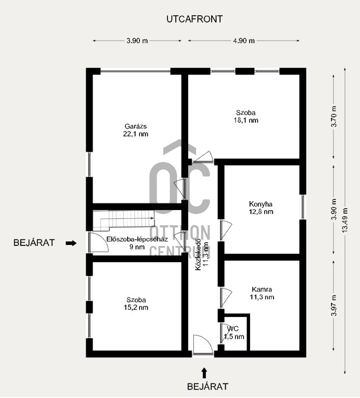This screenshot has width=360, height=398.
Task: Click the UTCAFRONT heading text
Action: (194, 19)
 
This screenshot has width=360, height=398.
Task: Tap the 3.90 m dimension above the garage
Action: (137, 41)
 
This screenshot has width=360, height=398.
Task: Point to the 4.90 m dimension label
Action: (244, 41)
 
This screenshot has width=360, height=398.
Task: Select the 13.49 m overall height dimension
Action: (345, 220)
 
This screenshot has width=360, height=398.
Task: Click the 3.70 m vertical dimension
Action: (334, 116)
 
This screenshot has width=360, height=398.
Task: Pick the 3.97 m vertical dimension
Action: (334, 305)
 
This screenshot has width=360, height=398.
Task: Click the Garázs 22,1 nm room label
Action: (136, 130)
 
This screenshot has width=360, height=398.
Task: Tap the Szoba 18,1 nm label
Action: (246, 116)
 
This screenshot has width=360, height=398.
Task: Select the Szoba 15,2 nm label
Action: (136, 304)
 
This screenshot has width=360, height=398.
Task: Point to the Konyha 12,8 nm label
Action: (261, 208)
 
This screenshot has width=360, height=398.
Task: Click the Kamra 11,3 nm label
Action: (262, 293)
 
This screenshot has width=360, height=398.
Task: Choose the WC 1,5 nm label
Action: (234, 333)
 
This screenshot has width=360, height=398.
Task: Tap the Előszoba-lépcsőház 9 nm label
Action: (137, 243)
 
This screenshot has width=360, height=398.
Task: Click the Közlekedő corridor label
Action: (202, 255)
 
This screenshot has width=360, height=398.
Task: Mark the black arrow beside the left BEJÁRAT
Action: (71, 243)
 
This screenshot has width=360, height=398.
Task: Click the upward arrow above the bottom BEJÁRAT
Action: (204, 373)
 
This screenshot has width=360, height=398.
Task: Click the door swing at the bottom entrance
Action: (202, 344)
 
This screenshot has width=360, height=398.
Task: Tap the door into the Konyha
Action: (225, 230)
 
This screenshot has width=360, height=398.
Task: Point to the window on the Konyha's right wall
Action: (303, 207)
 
